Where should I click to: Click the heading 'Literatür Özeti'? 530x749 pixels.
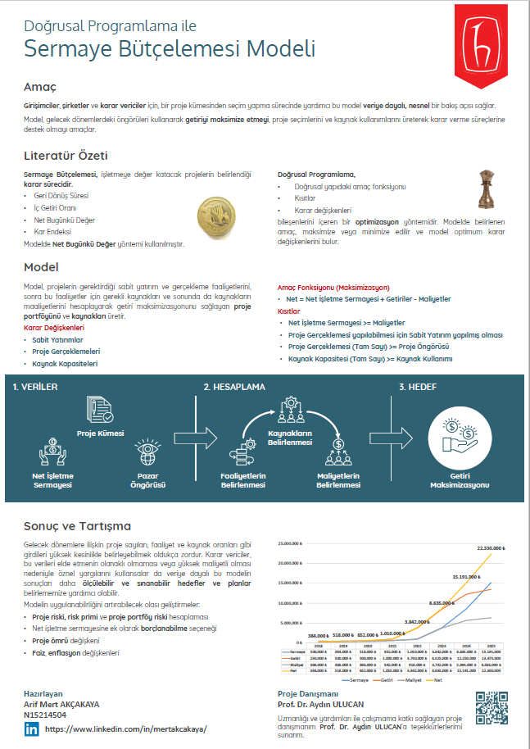point(66,155)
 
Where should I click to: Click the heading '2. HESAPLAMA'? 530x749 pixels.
point(234,387)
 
